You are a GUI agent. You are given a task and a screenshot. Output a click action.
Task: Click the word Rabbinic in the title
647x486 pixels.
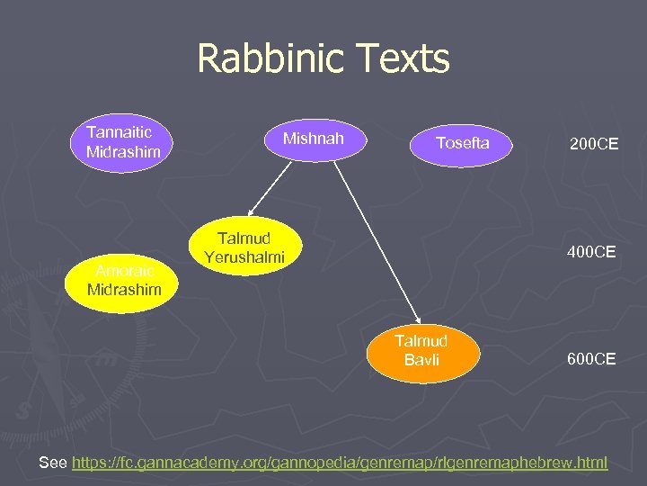pyautogui.click(x=269, y=59)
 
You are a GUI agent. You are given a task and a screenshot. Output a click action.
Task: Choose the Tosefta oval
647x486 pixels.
pyautogui.click(x=462, y=143)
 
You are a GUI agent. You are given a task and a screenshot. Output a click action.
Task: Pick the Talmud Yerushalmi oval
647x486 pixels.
pyautogui.click(x=244, y=247)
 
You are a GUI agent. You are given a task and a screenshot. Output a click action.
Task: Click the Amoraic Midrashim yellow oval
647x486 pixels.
pyautogui.click(x=124, y=280)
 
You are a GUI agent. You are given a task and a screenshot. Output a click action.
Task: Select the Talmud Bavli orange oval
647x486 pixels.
pyautogui.click(x=421, y=350)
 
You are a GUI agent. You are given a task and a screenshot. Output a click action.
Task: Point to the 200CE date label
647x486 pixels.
pyautogui.click(x=593, y=143)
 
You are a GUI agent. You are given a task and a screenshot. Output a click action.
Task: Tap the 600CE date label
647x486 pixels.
pyautogui.click(x=590, y=359)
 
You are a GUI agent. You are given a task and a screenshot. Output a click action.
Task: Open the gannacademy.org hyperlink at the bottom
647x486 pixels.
pyautogui.click(x=340, y=463)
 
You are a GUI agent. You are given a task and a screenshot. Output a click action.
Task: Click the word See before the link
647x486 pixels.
pyautogui.click(x=53, y=463)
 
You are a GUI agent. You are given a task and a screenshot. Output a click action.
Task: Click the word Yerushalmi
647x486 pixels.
pyautogui.click(x=244, y=257)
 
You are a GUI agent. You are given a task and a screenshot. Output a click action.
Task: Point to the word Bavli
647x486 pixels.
pyautogui.click(x=421, y=359)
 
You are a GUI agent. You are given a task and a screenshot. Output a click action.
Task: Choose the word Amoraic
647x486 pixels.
pyautogui.click(x=125, y=271)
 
